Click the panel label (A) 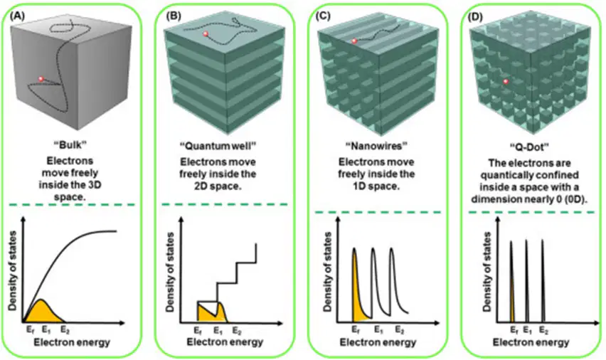17,16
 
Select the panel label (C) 323,16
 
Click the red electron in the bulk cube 41,79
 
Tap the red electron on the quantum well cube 206,34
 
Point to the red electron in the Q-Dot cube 506,82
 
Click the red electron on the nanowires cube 354,41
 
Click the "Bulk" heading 70,145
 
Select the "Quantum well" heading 218,146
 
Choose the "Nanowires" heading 376,146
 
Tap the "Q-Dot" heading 529,147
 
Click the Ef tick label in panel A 30,330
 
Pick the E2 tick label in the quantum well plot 237,331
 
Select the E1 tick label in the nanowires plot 378,330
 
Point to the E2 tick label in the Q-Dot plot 543,331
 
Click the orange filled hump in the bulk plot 42,312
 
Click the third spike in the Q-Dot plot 542,281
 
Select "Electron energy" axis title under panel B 225,342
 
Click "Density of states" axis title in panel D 487,272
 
